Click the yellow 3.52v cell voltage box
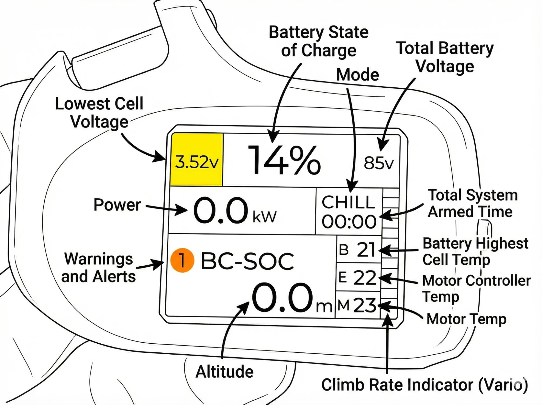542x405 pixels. [x=197, y=160]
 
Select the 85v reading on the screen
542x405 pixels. [x=379, y=163]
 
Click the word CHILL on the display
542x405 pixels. [x=348, y=202]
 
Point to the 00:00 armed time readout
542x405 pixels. [x=349, y=222]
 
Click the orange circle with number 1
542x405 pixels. [x=182, y=260]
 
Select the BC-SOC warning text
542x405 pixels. [x=247, y=261]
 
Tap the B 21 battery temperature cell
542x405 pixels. [x=358, y=250]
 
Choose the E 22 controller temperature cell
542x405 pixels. [x=358, y=278]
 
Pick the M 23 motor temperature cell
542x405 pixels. [x=357, y=305]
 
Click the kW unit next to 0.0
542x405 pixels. [x=264, y=217]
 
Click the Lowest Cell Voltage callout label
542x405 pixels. [x=99, y=113]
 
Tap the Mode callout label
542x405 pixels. [x=357, y=75]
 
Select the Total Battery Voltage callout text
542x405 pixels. [x=444, y=57]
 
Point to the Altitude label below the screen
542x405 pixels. [x=225, y=371]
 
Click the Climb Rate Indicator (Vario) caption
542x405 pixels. [x=424, y=385]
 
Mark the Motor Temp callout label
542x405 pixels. [x=466, y=319]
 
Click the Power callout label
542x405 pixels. [x=117, y=205]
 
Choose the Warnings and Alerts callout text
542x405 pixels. [x=99, y=268]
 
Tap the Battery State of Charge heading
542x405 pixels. [x=319, y=41]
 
